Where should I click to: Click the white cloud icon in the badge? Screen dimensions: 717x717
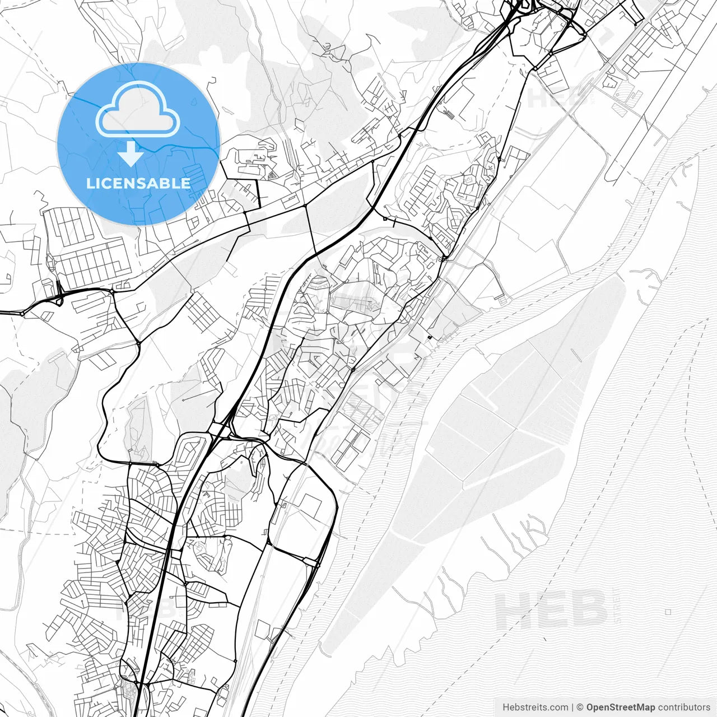point(138,109)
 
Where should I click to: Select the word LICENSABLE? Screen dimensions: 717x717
point(138,183)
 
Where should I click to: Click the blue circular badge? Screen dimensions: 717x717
point(138,144)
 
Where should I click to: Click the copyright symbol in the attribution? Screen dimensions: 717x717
point(580,707)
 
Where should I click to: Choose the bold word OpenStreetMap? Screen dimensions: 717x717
point(621,707)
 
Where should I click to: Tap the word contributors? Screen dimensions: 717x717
point(684,707)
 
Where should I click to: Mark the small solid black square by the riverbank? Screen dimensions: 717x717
point(430,337)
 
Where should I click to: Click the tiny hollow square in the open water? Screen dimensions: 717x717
point(668,612)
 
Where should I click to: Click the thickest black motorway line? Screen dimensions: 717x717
point(168,560)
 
